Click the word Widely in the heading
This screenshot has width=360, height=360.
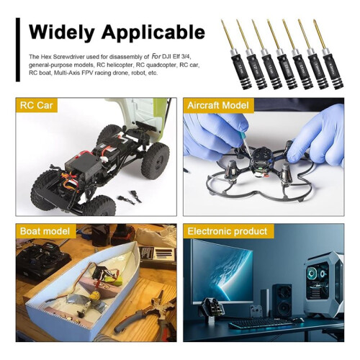tap(61, 32)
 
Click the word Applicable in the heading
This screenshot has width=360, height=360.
tap(153, 32)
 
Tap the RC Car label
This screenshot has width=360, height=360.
tap(36, 105)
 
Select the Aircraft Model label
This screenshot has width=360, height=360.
tap(218, 105)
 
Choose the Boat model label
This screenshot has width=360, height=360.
tap(45, 231)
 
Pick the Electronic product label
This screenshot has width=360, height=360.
tap(227, 231)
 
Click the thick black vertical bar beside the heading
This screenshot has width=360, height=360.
tap(18, 50)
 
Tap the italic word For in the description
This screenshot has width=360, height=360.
tap(156, 57)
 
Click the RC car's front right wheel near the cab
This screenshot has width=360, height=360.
tap(156, 158)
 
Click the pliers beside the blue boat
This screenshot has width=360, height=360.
tap(146, 312)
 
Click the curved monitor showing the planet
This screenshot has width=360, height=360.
tap(222, 271)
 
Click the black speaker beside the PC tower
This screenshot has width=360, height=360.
tap(282, 300)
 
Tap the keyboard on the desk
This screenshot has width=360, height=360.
tap(261, 323)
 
